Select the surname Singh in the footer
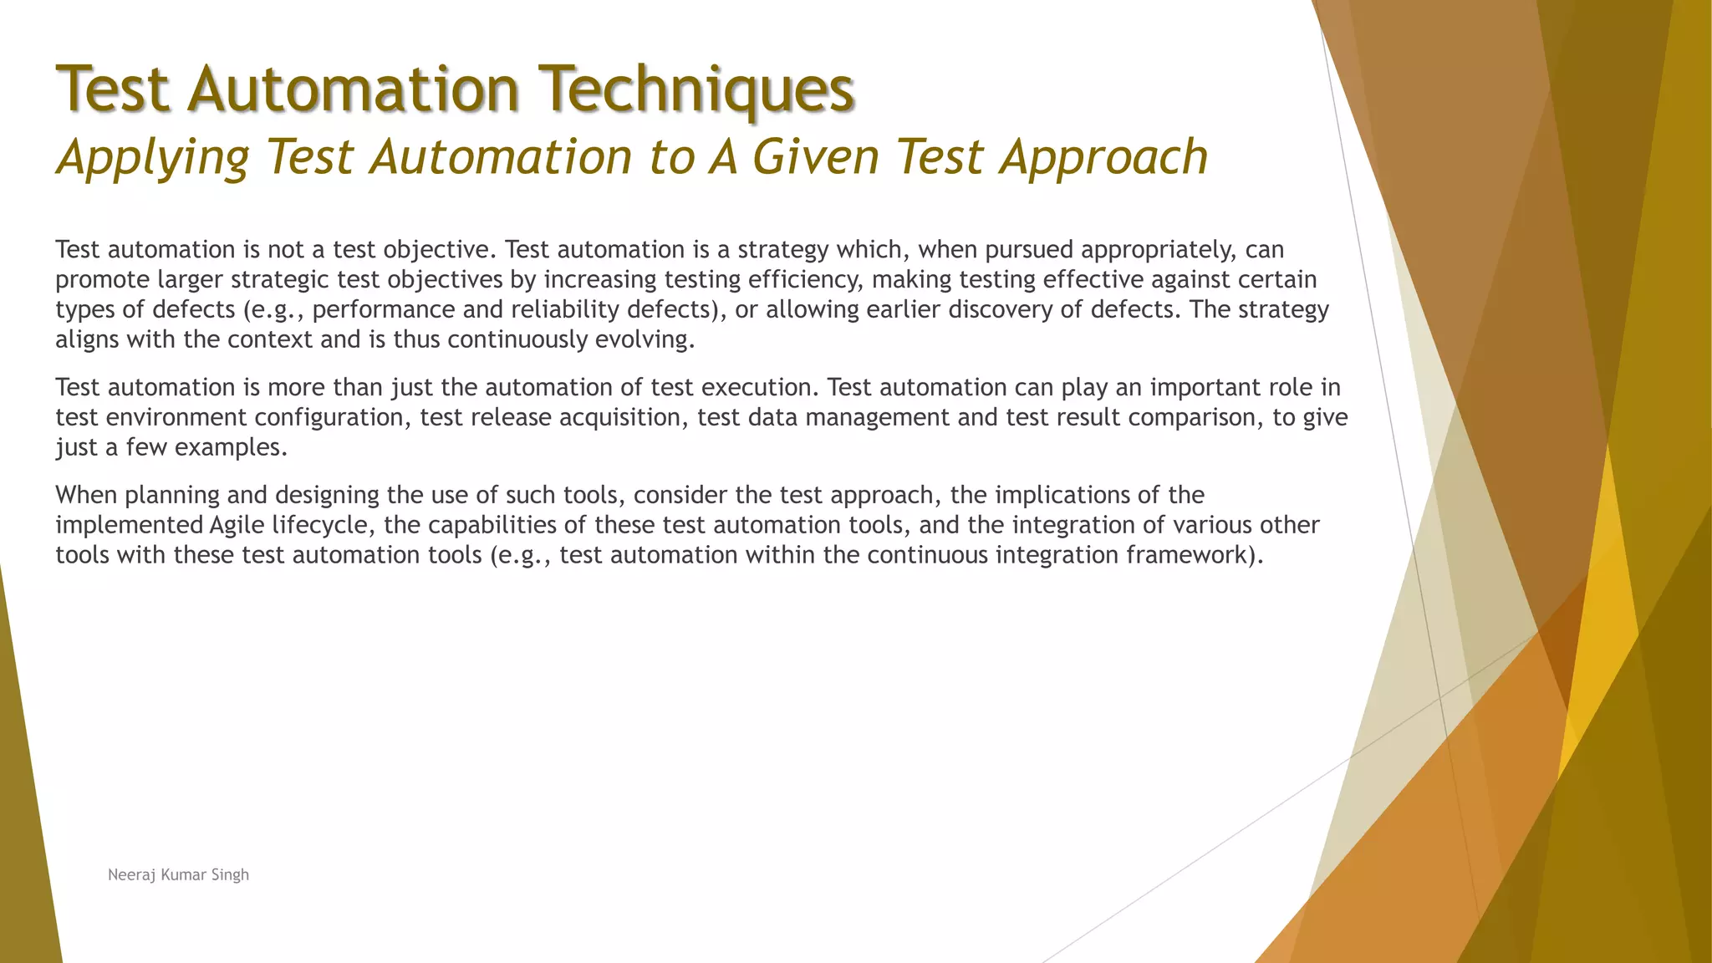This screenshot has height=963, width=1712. (230, 875)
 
